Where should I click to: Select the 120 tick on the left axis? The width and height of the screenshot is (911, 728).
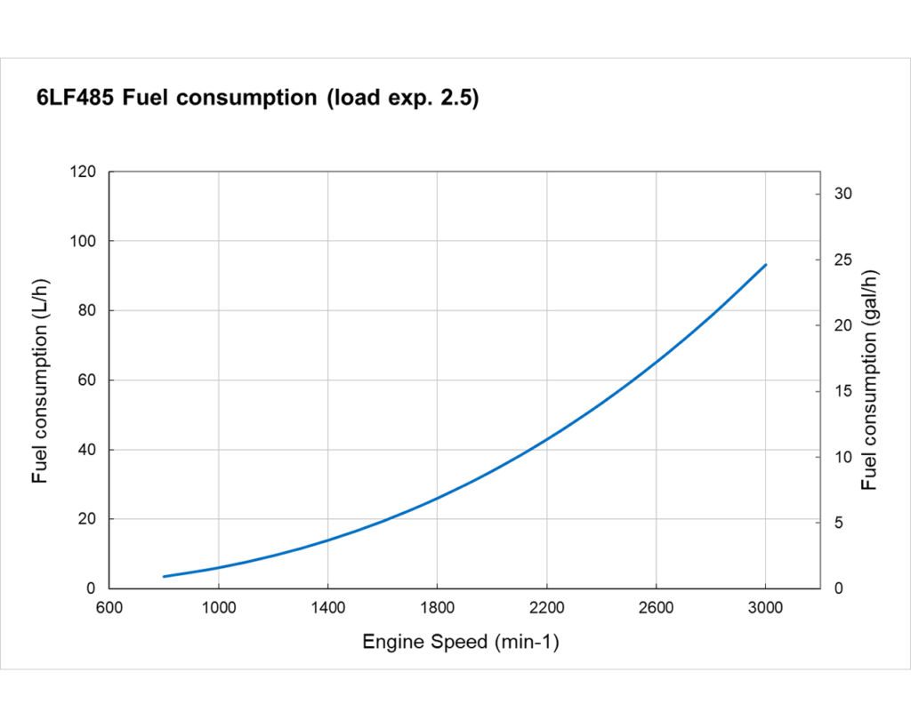click(85, 172)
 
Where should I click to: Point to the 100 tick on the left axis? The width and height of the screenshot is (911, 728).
click(85, 241)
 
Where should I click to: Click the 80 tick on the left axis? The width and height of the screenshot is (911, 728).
click(88, 310)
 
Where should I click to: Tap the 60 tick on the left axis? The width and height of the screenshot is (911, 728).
click(88, 380)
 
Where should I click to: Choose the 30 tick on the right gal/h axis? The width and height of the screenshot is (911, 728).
click(842, 194)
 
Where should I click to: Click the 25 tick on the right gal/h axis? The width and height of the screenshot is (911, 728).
click(842, 260)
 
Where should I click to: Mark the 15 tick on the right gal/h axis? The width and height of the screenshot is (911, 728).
click(842, 391)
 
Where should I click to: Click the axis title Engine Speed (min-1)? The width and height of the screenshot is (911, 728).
click(460, 642)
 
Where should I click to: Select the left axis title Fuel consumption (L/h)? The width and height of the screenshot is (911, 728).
click(40, 380)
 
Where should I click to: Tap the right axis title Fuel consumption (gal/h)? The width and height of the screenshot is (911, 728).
click(869, 380)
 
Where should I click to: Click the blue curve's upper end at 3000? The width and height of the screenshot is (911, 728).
click(765, 265)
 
